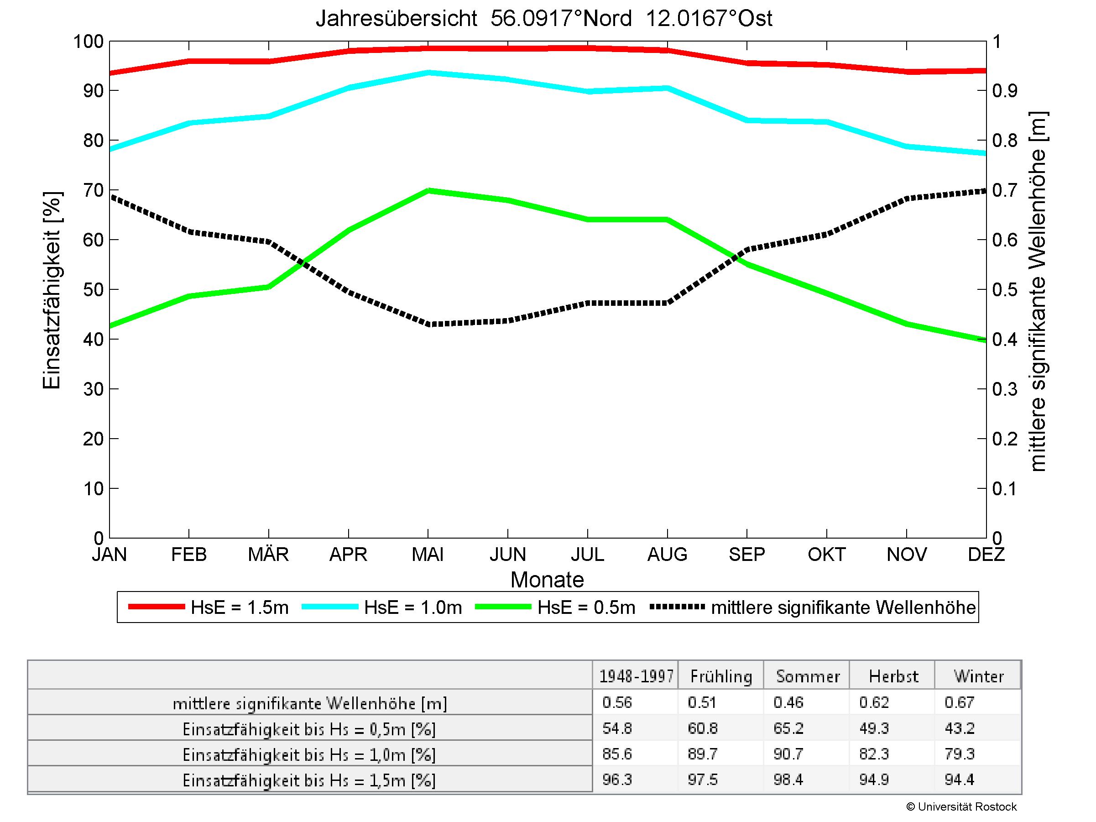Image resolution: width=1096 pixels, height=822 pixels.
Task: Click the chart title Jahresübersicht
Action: point(543,19)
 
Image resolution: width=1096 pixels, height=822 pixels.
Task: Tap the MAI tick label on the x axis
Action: point(428,554)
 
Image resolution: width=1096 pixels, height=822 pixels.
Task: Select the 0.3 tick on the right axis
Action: point(1004,389)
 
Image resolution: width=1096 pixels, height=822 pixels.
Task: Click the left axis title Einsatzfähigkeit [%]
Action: point(52,290)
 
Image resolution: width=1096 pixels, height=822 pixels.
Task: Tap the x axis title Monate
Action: point(547,580)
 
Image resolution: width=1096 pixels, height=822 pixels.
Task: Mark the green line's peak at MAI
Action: point(428,190)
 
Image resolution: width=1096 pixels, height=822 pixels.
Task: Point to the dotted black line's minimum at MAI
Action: point(428,325)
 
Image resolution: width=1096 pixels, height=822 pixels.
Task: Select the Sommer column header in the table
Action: point(808,676)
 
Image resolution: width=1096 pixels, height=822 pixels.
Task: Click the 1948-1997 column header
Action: point(636,676)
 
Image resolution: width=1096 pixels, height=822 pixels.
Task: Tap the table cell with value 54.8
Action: point(617,728)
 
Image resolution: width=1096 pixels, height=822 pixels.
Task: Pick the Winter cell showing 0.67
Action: point(959,702)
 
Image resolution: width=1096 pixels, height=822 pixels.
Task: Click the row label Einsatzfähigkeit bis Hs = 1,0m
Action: point(309,754)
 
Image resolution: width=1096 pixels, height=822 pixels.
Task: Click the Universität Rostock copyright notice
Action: point(961,806)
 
